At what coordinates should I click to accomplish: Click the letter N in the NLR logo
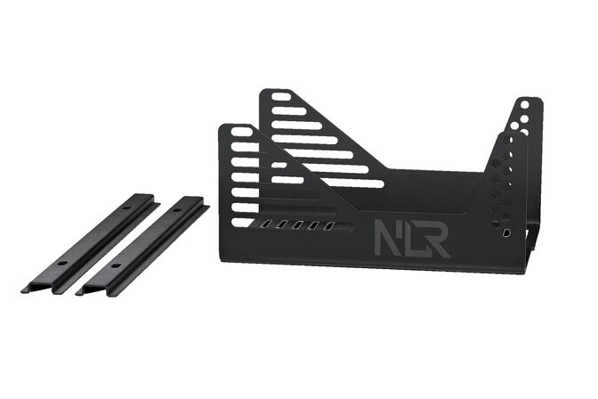pyautogui.click(x=386, y=240)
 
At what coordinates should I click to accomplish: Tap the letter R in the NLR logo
pyautogui.click(x=436, y=240)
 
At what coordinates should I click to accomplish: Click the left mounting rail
pyautogui.click(x=89, y=242)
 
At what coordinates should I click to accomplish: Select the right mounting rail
pyautogui.click(x=142, y=245)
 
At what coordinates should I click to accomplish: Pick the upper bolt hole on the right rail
pyautogui.click(x=181, y=213)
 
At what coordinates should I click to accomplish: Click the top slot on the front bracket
pyautogui.click(x=242, y=132)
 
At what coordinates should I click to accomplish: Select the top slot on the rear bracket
pyautogui.click(x=280, y=96)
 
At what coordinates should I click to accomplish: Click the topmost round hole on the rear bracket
pyautogui.click(x=525, y=104)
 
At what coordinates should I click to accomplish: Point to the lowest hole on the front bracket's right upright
pyautogui.click(x=506, y=232)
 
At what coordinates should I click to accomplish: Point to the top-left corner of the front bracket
pyautogui.click(x=222, y=127)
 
